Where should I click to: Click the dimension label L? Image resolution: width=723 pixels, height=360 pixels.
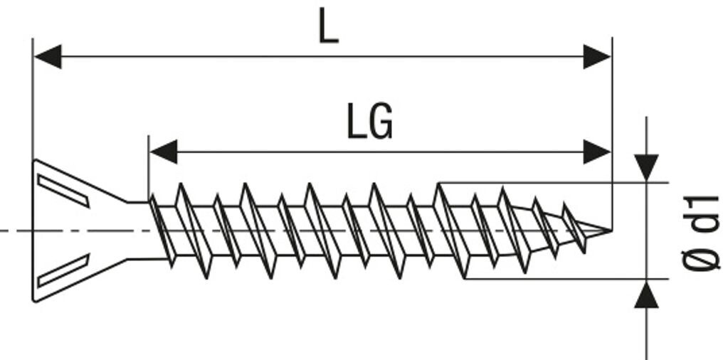pyautogui.click(x=328, y=28)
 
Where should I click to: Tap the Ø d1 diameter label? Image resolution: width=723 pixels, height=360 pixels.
pyautogui.click(x=701, y=231)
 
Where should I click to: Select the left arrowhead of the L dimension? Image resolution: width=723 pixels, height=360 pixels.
pyautogui.click(x=47, y=56)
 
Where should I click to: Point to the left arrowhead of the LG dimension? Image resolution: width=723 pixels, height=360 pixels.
pyautogui.click(x=163, y=152)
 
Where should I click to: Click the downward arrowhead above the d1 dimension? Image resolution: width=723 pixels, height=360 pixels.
pyautogui.click(x=646, y=167)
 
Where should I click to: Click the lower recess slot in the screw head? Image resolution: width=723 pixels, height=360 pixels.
pyautogui.click(x=63, y=270)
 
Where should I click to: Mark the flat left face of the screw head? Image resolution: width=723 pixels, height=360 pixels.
pyautogui.click(x=33, y=230)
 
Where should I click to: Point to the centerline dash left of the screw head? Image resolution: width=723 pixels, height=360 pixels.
pyautogui.click(x=14, y=231)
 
